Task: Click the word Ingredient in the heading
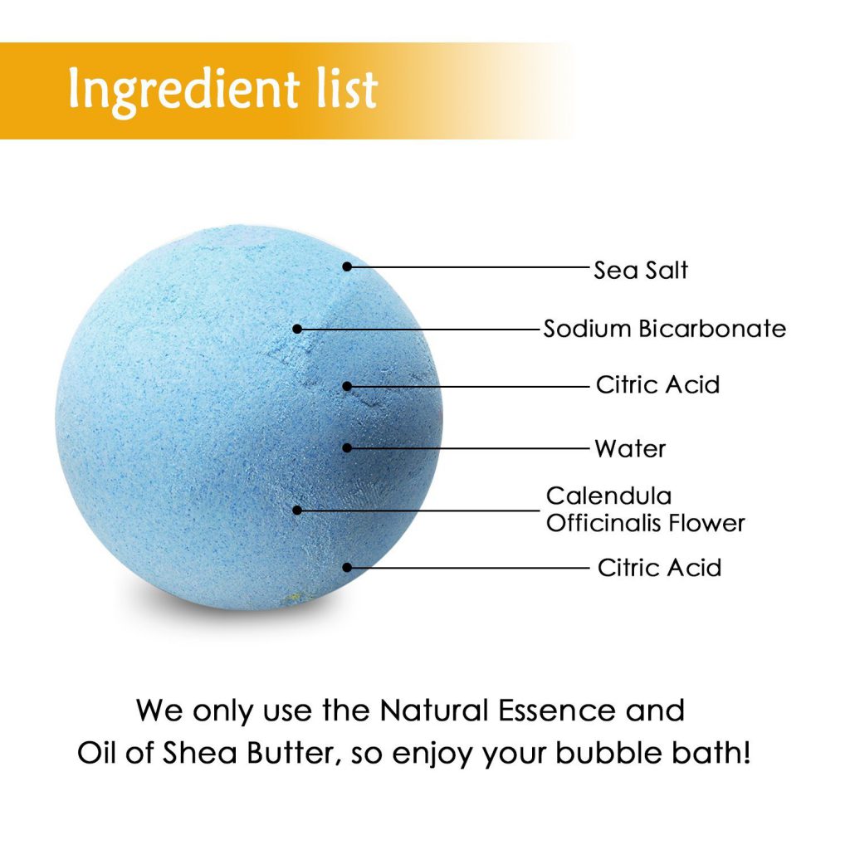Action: (x=184, y=90)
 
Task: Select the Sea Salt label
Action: (x=641, y=270)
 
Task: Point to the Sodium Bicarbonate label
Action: (x=665, y=329)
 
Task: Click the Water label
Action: (x=630, y=449)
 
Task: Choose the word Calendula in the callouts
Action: (x=608, y=496)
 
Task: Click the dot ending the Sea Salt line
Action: (x=348, y=266)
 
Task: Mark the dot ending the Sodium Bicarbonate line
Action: (x=297, y=329)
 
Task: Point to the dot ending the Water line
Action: (x=348, y=447)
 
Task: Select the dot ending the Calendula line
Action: (x=297, y=510)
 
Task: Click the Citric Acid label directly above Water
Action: (x=657, y=385)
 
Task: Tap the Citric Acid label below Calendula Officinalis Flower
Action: (x=659, y=568)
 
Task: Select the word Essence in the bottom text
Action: (x=557, y=711)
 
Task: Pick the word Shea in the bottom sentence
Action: (x=200, y=753)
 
